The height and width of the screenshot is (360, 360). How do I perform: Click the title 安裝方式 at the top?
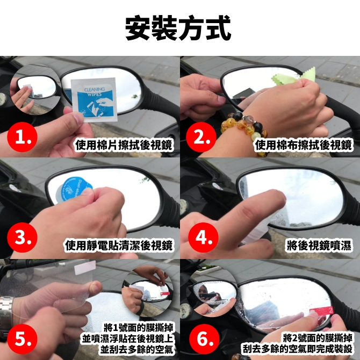pyautogui.click(x=178, y=28)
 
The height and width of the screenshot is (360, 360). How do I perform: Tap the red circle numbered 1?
pyautogui.click(x=22, y=137)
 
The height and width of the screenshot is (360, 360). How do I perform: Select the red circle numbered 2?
pyautogui.click(x=201, y=137)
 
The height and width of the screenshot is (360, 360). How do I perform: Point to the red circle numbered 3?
pyautogui.click(x=22, y=237)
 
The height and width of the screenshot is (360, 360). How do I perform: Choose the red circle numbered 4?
pyautogui.click(x=204, y=237)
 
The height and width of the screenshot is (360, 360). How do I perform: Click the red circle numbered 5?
pyautogui.click(x=22, y=339)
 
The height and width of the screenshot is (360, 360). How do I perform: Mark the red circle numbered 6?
pyautogui.click(x=204, y=339)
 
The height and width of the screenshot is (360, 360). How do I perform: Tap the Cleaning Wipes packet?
pyautogui.click(x=94, y=100)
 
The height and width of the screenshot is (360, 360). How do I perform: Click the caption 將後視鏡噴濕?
pyautogui.click(x=319, y=245)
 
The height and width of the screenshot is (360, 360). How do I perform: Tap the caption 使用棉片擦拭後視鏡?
pyautogui.click(x=124, y=145)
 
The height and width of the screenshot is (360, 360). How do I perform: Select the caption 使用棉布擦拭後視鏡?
pyautogui.click(x=304, y=145)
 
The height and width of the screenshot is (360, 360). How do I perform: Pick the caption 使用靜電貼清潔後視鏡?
pyautogui.click(x=119, y=245)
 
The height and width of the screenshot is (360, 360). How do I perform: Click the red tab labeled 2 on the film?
pyautogui.click(x=321, y=311)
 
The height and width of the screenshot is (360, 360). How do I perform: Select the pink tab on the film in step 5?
pyautogui.click(x=85, y=268)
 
